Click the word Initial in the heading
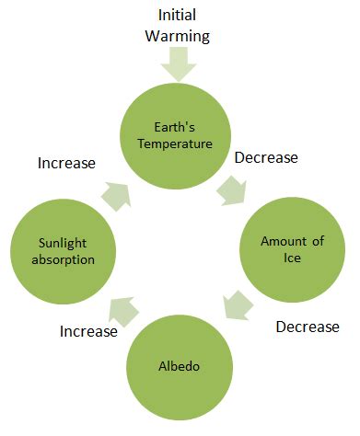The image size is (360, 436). point(183,15)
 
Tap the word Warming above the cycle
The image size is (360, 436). point(183,38)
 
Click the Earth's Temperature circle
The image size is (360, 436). point(180,136)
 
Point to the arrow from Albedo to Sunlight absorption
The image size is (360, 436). point(122,311)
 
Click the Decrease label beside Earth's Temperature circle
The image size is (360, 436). point(266,158)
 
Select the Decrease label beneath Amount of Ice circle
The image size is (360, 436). point(308,327)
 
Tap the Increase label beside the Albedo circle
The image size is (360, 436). point(87,331)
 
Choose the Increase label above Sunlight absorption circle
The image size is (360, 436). point(66,164)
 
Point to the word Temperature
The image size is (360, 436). point(180,144)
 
